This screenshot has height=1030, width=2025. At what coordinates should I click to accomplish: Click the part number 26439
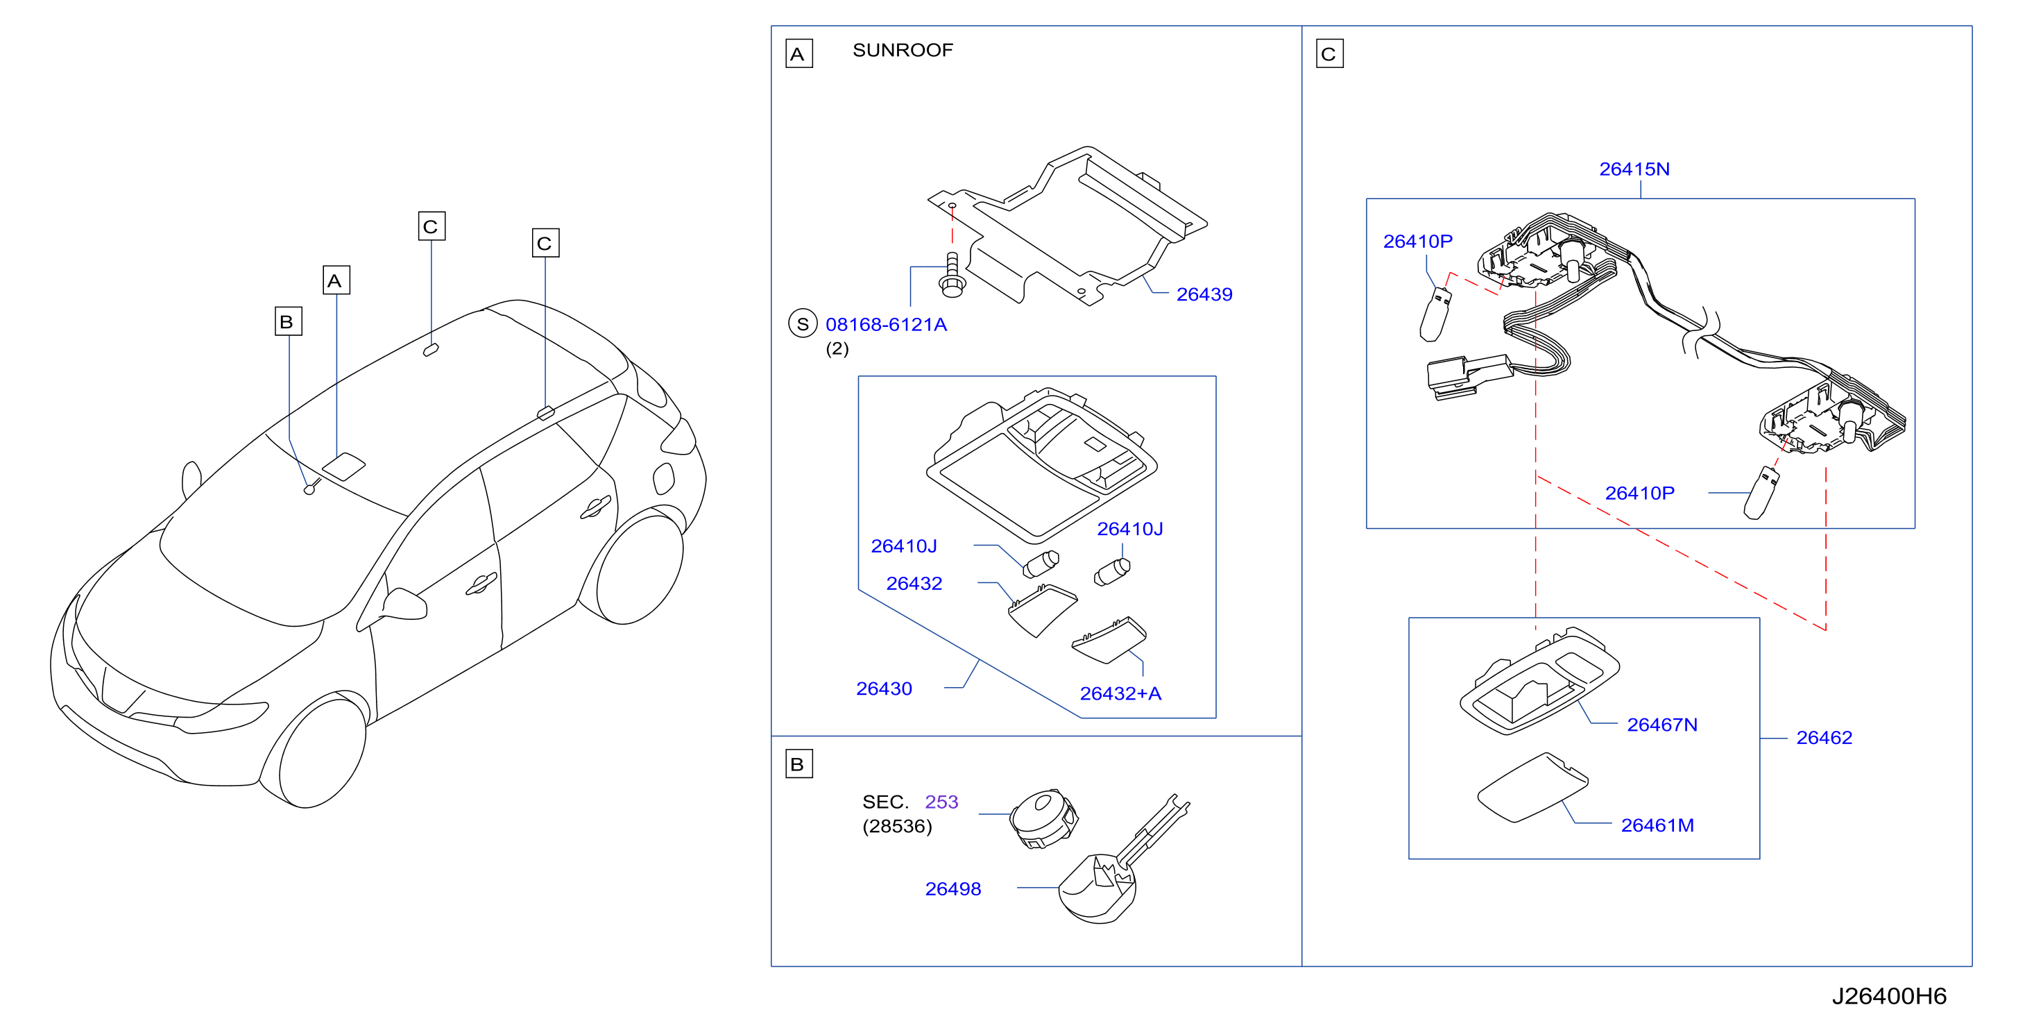[x=1204, y=294]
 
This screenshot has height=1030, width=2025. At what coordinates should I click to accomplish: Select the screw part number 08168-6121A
[x=886, y=324]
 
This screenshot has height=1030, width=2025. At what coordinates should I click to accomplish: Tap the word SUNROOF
[x=903, y=51]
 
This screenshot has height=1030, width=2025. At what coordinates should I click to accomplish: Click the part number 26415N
[x=1634, y=169]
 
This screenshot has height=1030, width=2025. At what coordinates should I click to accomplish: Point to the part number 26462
[x=1824, y=738]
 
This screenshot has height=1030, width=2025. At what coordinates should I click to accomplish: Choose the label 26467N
[x=1661, y=725]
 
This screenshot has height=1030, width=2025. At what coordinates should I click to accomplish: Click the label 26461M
[x=1657, y=825]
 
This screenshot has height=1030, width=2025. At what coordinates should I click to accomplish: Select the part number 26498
[x=952, y=889]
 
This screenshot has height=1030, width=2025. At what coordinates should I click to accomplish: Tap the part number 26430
[x=884, y=689]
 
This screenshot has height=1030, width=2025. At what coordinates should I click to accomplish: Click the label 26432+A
[x=1120, y=693]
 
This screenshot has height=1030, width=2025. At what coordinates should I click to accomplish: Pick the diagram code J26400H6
[x=1889, y=996]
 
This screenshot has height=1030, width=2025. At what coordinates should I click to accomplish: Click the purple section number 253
[x=941, y=802]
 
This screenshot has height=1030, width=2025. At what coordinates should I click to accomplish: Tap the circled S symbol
[x=803, y=324]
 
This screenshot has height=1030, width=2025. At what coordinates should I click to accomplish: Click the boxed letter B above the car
[x=289, y=321]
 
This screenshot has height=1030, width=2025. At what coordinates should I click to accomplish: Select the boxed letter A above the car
[x=336, y=280]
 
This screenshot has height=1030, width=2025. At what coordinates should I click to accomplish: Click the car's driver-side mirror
[x=402, y=604]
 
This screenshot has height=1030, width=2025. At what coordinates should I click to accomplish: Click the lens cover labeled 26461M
[x=1533, y=788]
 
